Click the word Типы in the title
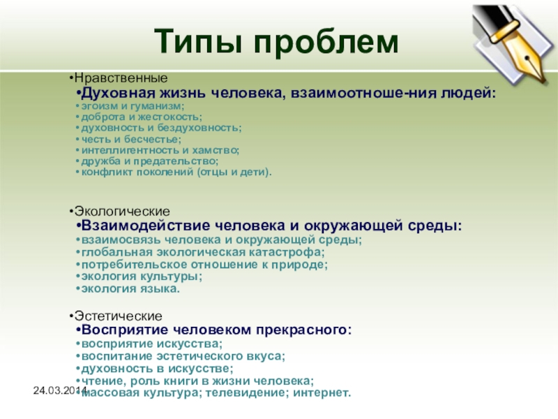tap(199, 41)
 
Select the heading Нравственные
tap(121, 78)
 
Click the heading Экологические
tap(122, 212)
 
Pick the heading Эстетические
tap(118, 316)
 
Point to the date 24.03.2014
tap(60, 390)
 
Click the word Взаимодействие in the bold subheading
tap(146, 226)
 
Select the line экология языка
tap(130, 288)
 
